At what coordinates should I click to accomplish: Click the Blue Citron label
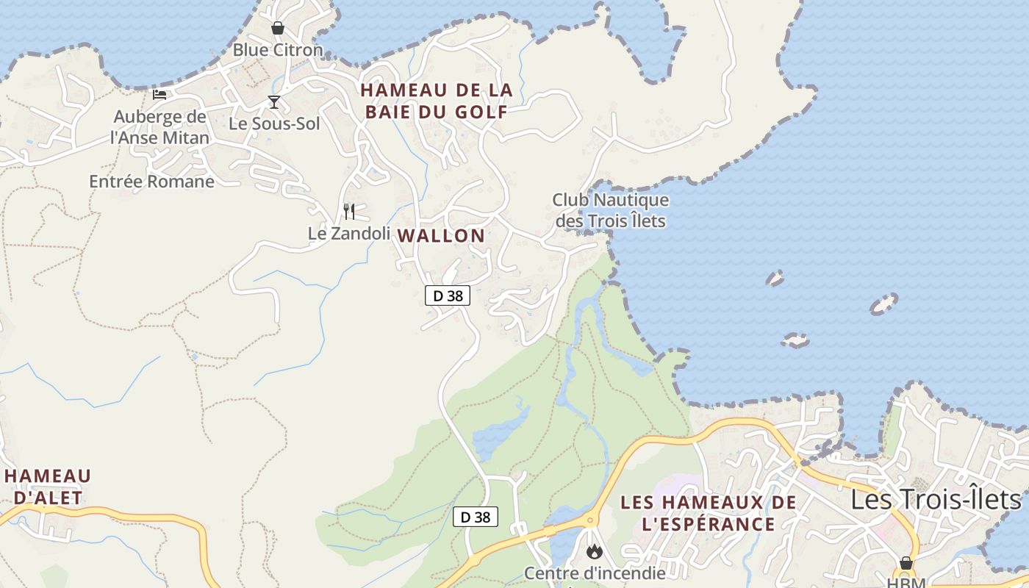pos(278,50)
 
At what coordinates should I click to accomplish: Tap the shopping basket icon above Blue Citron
pos(278,29)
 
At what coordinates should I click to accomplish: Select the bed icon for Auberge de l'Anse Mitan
pos(159,94)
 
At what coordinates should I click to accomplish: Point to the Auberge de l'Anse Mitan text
pos(159,127)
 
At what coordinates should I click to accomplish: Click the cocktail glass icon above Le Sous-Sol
pos(274,102)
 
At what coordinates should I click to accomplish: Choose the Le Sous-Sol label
pos(274,123)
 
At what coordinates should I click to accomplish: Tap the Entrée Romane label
pos(152,182)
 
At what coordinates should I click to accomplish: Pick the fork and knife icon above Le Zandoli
pos(349,212)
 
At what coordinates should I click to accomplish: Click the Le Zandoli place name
pos(349,234)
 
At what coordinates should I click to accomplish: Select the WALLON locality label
pos(441,236)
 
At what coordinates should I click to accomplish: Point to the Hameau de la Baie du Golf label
pos(436,101)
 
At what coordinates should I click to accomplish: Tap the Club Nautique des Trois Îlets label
pos(611,210)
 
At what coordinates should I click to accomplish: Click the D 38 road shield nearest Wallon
pos(448,295)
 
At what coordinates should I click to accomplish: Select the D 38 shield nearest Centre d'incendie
pos(475,517)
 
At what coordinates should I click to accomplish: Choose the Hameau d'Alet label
pos(49,487)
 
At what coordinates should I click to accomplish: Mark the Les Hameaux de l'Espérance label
pos(709,513)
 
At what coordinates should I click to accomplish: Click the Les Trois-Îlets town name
pos(936,500)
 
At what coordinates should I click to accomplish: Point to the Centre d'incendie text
pos(595,573)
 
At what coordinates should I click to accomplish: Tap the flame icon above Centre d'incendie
pos(594,551)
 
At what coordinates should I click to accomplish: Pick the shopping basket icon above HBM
pos(906,563)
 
